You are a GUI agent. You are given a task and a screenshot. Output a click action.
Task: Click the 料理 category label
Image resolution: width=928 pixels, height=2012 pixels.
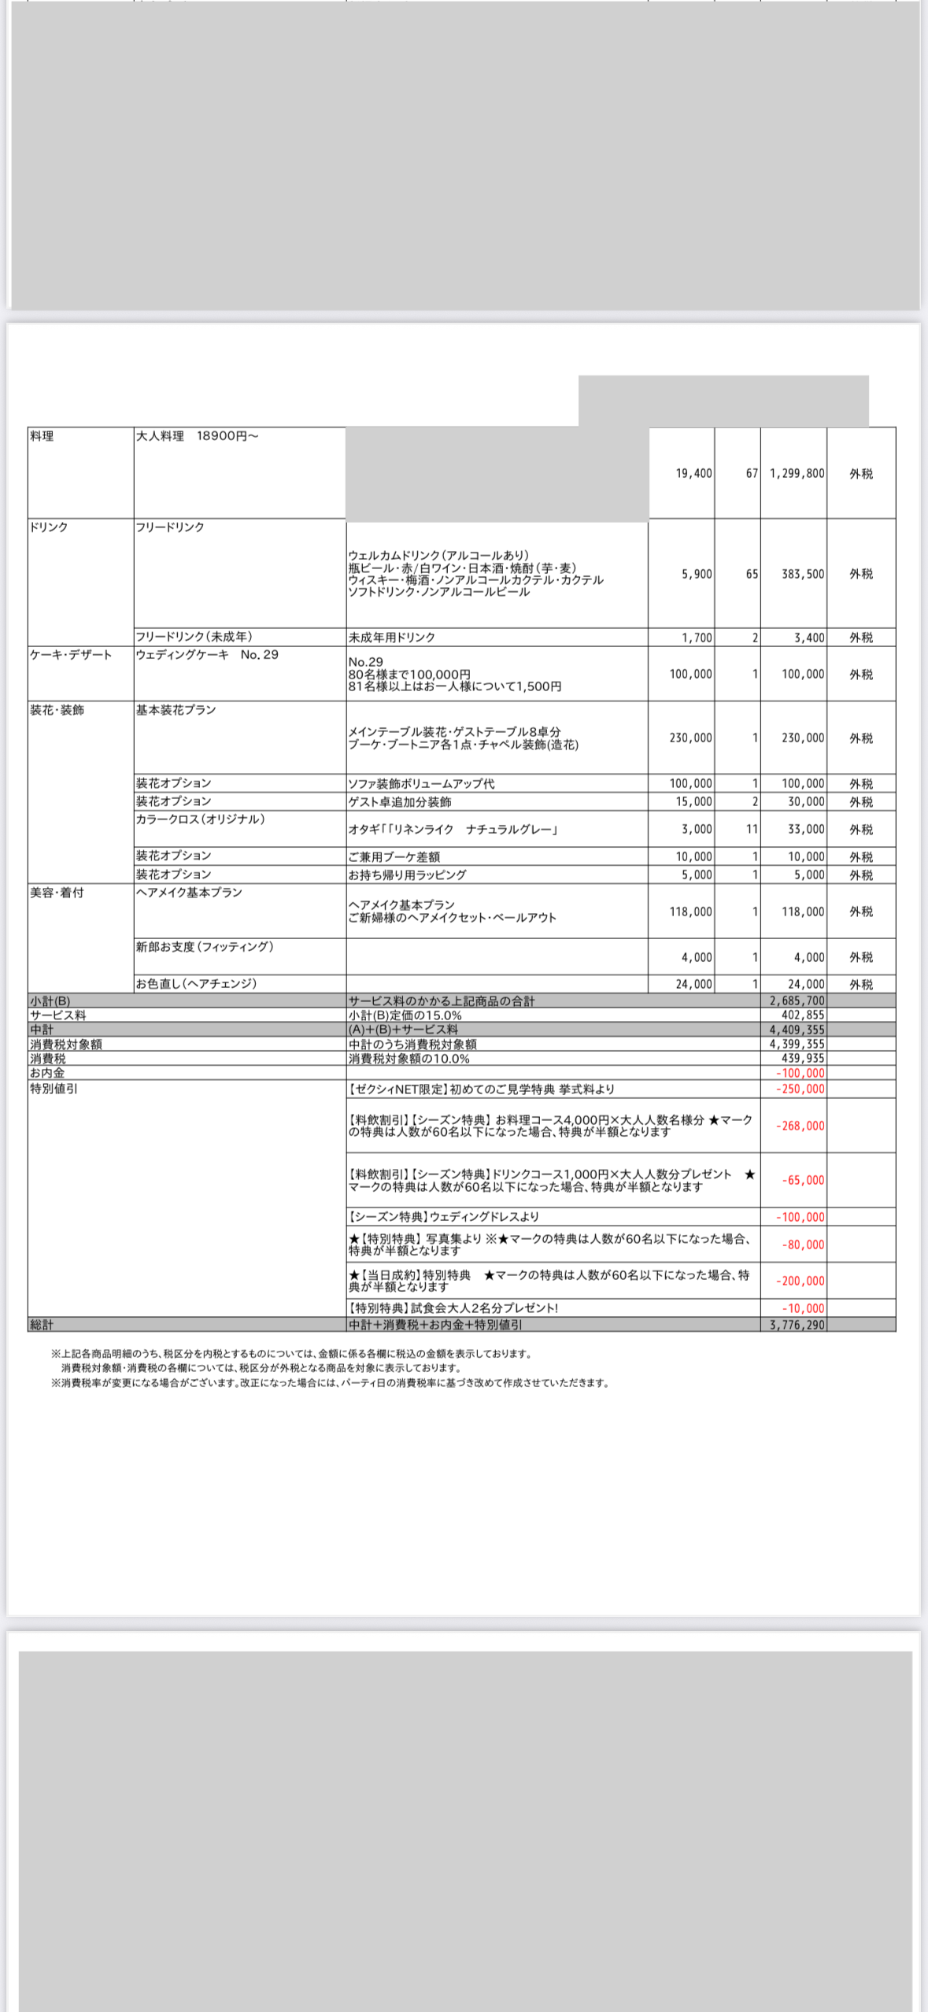[x=42, y=436]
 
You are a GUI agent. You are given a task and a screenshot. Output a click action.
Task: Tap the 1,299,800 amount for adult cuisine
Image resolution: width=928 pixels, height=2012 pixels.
[x=797, y=474]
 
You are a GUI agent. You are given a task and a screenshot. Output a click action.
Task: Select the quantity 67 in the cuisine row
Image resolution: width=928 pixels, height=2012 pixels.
[x=752, y=474]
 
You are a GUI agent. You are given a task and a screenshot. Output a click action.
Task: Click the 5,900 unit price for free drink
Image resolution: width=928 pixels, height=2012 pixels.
[x=697, y=575]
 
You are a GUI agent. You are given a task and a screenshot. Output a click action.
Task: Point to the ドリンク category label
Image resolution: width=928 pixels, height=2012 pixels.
[x=49, y=527]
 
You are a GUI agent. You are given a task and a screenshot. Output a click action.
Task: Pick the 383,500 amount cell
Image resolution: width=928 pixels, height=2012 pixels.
[x=803, y=575]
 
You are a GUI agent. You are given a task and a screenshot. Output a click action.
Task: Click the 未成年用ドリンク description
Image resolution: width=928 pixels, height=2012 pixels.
[x=391, y=638]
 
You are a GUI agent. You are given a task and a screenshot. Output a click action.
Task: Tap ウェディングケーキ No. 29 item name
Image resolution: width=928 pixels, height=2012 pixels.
[x=207, y=655]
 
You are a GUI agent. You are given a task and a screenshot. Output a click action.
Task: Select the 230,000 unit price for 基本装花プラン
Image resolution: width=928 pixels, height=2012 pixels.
[x=691, y=738]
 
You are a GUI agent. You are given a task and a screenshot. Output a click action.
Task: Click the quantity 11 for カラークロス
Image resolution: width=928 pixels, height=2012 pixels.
[x=752, y=830]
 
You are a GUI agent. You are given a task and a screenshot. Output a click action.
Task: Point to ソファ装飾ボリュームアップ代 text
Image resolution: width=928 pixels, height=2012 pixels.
[x=421, y=784]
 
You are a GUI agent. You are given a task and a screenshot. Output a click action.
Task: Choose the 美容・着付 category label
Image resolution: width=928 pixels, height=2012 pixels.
[x=57, y=893]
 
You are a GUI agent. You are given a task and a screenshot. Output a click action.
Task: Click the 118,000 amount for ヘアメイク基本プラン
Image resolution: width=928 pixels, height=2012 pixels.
[x=803, y=912]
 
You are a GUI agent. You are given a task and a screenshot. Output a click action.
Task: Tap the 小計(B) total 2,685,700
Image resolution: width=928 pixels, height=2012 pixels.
[x=797, y=1001]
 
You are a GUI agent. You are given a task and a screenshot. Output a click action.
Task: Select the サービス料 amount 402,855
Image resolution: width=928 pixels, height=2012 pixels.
[x=803, y=1015]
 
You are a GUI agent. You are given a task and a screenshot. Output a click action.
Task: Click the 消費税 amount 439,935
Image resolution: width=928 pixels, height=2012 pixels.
[x=803, y=1059]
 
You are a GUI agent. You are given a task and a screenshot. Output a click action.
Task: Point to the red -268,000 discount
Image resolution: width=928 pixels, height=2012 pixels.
[x=800, y=1126]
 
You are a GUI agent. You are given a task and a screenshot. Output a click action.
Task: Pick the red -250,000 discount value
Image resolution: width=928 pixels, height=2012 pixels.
[x=800, y=1089]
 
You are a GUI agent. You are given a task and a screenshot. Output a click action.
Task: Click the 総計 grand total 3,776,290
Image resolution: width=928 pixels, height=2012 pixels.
[x=797, y=1325]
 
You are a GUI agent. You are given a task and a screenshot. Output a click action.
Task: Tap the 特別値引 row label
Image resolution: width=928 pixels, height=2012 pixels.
[x=54, y=1089]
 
